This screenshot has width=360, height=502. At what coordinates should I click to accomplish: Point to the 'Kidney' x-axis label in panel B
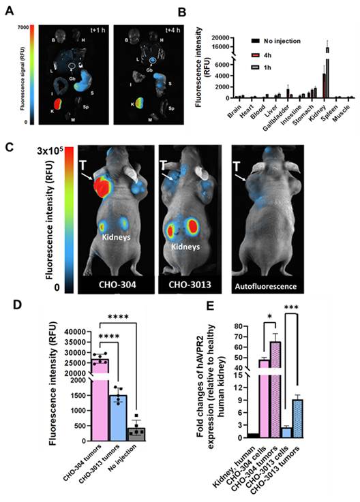tap(316, 109)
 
